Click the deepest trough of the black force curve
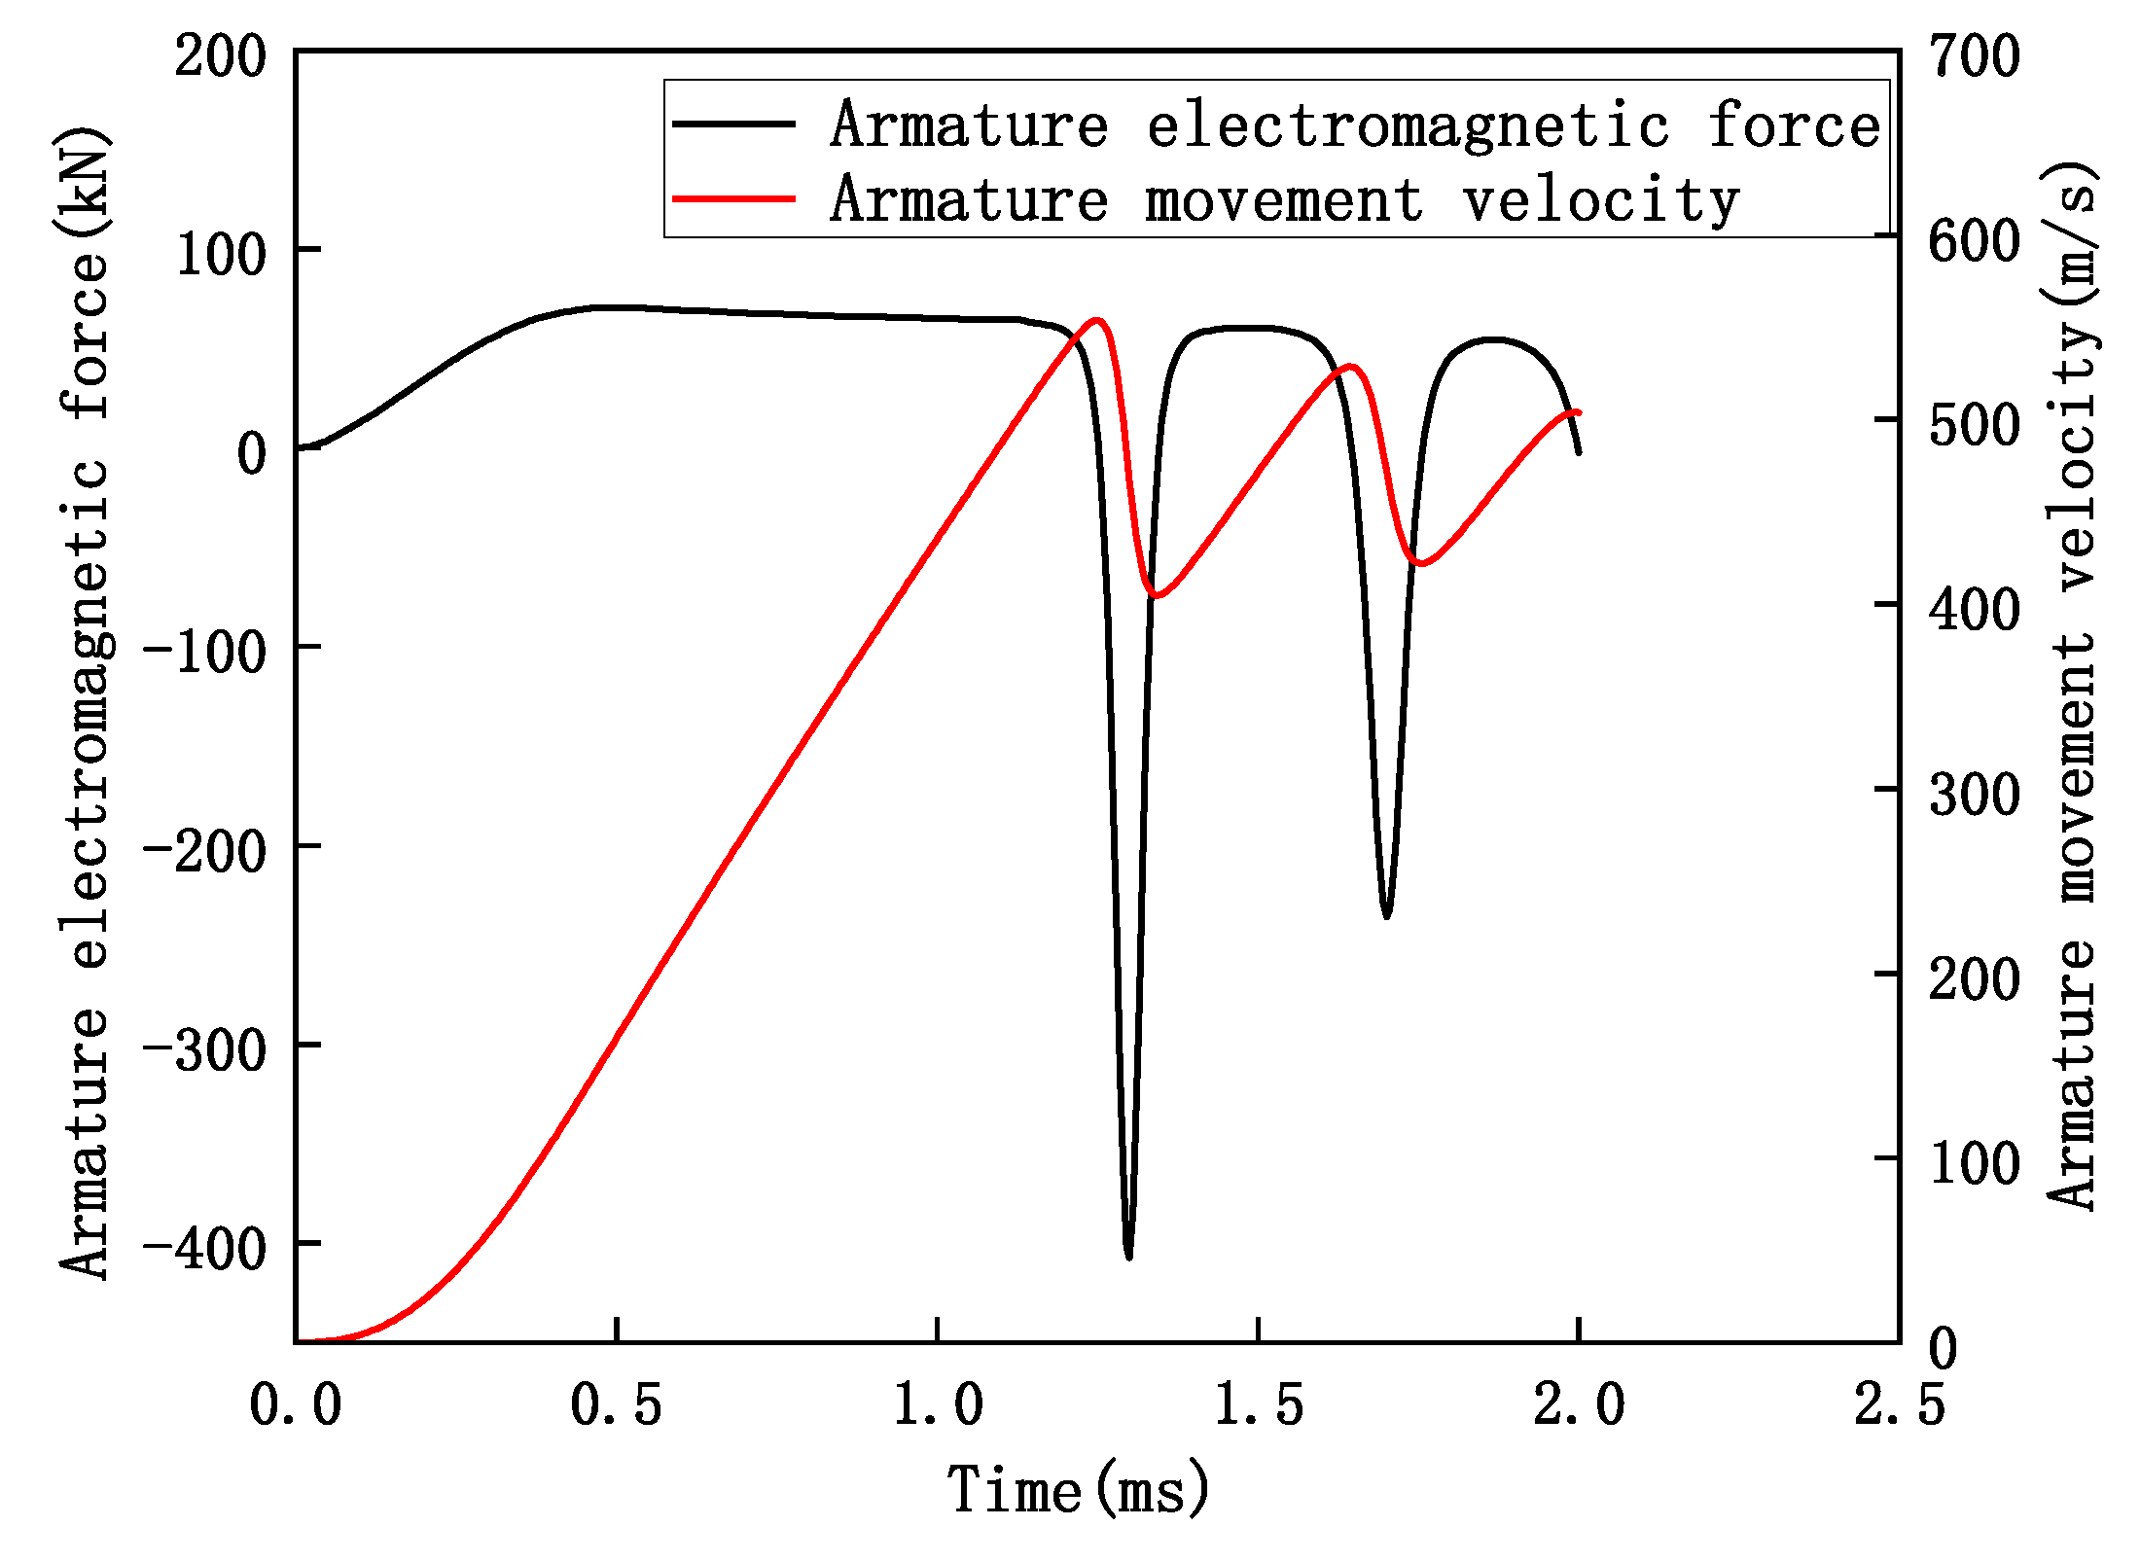point(1128,1256)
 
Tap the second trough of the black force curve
point(1386,915)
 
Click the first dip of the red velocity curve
point(1156,594)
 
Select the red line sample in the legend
point(734,199)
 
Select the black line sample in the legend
point(734,124)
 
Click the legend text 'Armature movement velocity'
point(1284,199)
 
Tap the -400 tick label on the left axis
point(205,1249)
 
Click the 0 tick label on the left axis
point(252,453)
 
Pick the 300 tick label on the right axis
point(1975,794)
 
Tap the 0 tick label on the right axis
point(1943,1348)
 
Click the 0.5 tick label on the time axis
point(616,1404)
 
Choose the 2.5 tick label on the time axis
point(1899,1404)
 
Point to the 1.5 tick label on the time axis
point(1258,1404)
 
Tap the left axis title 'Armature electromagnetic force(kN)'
point(85,700)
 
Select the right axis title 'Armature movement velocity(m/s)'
point(2072,686)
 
